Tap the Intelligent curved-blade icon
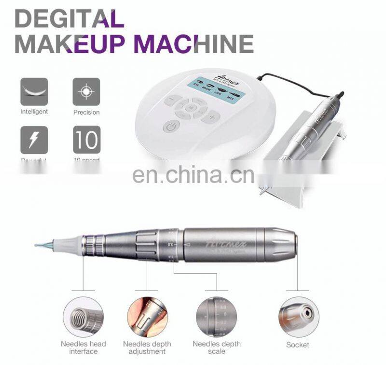(34, 91)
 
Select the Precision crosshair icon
(86, 91)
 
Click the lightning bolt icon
(34, 139)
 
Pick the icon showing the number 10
(86, 139)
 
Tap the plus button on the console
(211, 117)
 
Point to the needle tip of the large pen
(37, 245)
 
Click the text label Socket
(298, 345)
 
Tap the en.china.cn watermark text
(193, 175)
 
